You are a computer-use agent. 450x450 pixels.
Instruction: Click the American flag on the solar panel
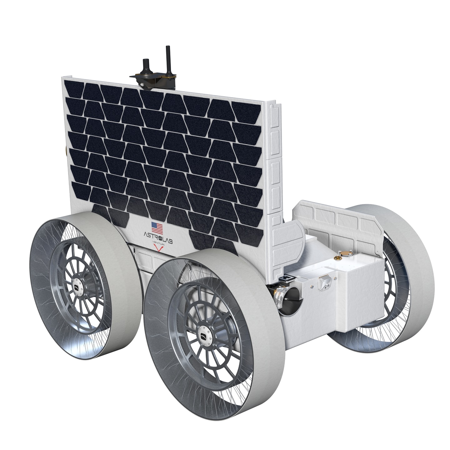tap(157, 228)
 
